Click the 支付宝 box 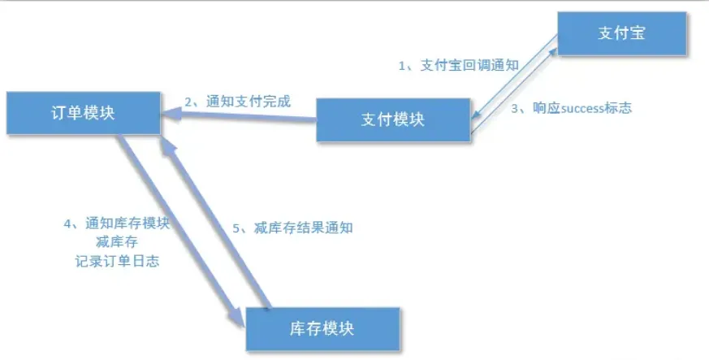point(622,33)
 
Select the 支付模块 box point(393,119)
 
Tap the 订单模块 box point(83,113)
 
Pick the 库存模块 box point(322,329)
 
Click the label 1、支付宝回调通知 point(459,66)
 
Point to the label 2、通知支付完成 point(237,102)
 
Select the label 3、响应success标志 point(571,108)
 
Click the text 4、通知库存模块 point(117,223)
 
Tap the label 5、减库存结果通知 point(292,228)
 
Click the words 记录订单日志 point(117,261)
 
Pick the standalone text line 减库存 point(117,242)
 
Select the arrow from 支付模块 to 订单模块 point(238,115)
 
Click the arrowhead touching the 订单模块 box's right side point(171,114)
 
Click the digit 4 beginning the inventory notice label point(68,223)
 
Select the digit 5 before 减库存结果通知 point(236,228)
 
